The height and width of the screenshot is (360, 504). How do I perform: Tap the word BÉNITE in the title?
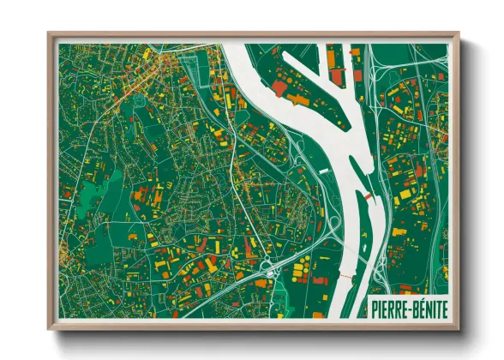[x=428, y=307]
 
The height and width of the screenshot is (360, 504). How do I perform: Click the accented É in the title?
[x=417, y=307]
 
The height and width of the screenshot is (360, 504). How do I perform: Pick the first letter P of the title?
[x=373, y=307]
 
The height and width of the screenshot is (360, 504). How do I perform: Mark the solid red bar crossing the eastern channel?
[x=369, y=196]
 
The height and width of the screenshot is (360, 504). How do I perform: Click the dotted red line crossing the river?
[x=344, y=278]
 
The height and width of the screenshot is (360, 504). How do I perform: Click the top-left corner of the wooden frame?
[x=50, y=35]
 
